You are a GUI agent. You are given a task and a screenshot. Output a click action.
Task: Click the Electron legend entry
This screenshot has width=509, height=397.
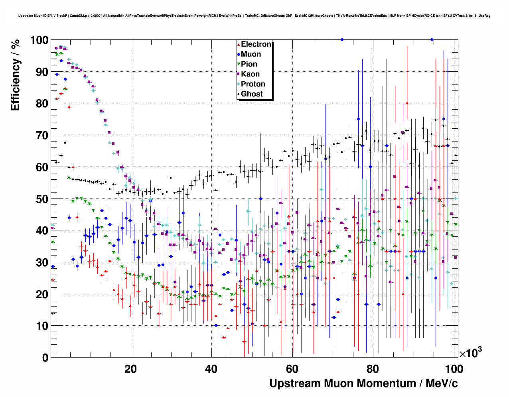(x=256, y=44)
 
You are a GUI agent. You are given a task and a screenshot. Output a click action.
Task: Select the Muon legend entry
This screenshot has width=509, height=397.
(x=251, y=54)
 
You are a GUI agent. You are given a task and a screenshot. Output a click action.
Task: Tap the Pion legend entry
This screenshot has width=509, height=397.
(x=249, y=64)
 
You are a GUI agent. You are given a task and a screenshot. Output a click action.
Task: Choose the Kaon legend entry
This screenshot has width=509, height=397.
(x=250, y=74)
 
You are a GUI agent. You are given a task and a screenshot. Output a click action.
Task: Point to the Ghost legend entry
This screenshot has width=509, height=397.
(x=252, y=94)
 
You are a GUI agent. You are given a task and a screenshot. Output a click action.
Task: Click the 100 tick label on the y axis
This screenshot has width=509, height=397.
(x=39, y=40)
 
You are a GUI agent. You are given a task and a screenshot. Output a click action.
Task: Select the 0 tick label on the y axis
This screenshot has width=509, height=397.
(x=45, y=358)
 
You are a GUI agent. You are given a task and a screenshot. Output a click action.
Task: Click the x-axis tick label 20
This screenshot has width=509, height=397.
(x=130, y=369)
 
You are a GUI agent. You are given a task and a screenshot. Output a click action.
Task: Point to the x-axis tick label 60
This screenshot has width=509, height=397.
(x=292, y=369)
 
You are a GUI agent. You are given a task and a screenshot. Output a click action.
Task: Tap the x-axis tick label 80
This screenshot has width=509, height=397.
(x=373, y=369)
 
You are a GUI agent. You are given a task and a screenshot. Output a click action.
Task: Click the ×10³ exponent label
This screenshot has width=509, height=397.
(x=470, y=353)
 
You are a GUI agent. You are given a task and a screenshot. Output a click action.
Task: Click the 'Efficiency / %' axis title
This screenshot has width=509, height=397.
(x=15, y=75)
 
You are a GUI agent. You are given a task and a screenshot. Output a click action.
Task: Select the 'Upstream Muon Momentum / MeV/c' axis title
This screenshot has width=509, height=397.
(x=363, y=383)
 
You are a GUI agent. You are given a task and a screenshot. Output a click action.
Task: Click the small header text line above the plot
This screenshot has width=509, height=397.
(x=254, y=16)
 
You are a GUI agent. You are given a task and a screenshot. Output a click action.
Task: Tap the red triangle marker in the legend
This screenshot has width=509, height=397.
(x=239, y=45)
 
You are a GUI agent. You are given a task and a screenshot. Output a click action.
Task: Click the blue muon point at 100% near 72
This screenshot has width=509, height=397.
(x=342, y=39)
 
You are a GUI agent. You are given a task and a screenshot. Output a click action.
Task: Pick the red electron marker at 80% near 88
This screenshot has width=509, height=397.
(x=407, y=103)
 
